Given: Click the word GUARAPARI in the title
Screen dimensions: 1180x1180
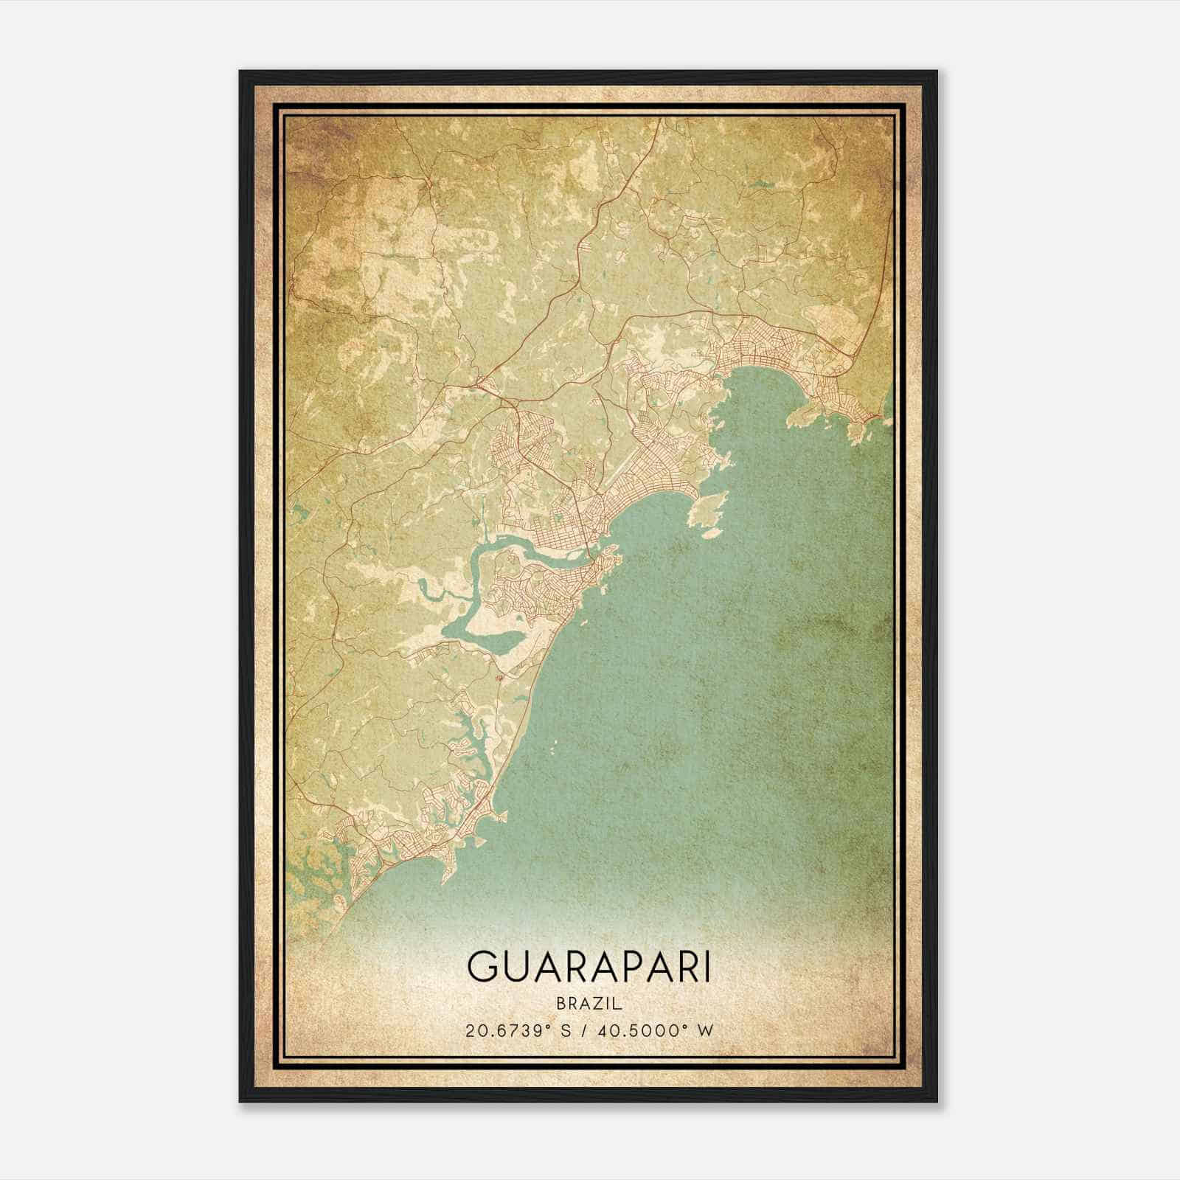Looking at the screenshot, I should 589,968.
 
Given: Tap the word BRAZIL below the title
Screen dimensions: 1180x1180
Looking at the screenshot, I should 589,1004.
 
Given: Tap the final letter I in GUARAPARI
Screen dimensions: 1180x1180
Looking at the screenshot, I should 707,968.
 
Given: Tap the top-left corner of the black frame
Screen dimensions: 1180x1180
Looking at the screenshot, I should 240,72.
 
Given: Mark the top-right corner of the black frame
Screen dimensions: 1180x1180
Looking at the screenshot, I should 937,72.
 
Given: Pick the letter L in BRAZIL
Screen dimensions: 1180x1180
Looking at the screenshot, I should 619,1004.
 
